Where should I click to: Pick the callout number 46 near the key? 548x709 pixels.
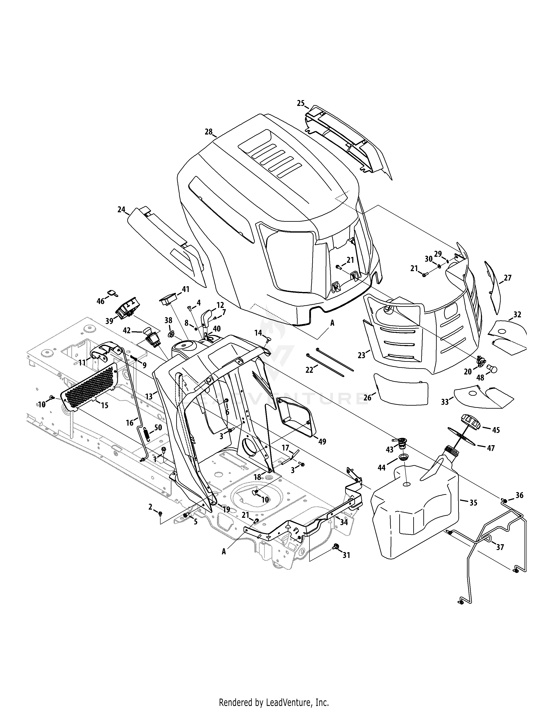101,301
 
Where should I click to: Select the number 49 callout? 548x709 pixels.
322,442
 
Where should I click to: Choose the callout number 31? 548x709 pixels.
346,555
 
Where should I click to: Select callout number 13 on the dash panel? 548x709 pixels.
149,396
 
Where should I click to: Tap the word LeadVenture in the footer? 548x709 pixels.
281,700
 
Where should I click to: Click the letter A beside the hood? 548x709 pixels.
332,323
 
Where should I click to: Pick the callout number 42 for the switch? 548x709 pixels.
127,331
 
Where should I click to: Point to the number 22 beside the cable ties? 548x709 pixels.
309,370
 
